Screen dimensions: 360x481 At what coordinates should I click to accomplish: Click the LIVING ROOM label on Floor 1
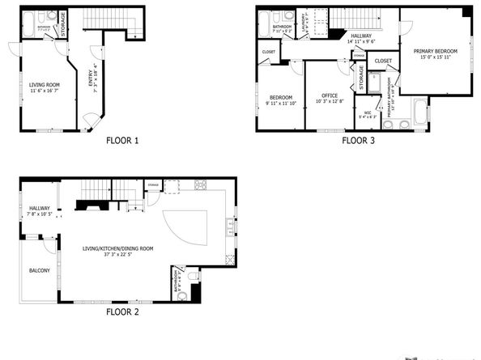[x=49, y=83]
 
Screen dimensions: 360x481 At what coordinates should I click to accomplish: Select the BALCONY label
[x=40, y=270]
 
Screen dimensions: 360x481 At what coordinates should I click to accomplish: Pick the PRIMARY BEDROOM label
[x=436, y=51]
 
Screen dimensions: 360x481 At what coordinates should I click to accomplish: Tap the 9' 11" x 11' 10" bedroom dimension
[x=281, y=103]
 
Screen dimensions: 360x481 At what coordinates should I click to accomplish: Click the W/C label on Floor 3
[x=367, y=112]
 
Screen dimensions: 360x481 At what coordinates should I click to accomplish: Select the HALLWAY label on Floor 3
[x=361, y=36]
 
